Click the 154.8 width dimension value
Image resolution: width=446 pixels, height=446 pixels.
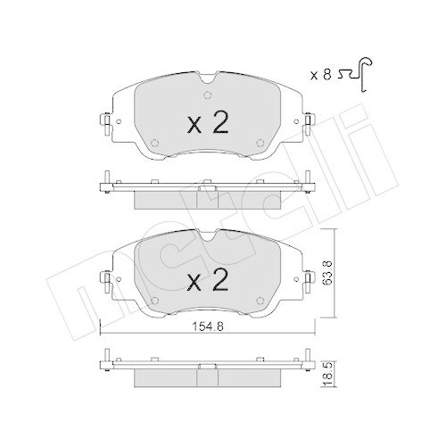[x=208, y=327]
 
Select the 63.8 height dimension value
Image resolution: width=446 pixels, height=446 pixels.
[x=327, y=273]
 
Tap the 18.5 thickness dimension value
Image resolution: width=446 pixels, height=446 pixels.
[x=327, y=375]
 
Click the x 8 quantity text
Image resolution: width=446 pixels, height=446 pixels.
[x=320, y=75]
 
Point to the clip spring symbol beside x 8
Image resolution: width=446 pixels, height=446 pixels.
[x=356, y=74]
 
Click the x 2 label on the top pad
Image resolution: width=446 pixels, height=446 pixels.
[x=208, y=122]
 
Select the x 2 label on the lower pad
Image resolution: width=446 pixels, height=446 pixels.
[x=208, y=280]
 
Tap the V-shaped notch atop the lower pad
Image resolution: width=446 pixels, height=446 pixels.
[x=208, y=235]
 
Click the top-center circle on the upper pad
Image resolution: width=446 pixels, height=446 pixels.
[x=208, y=95]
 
